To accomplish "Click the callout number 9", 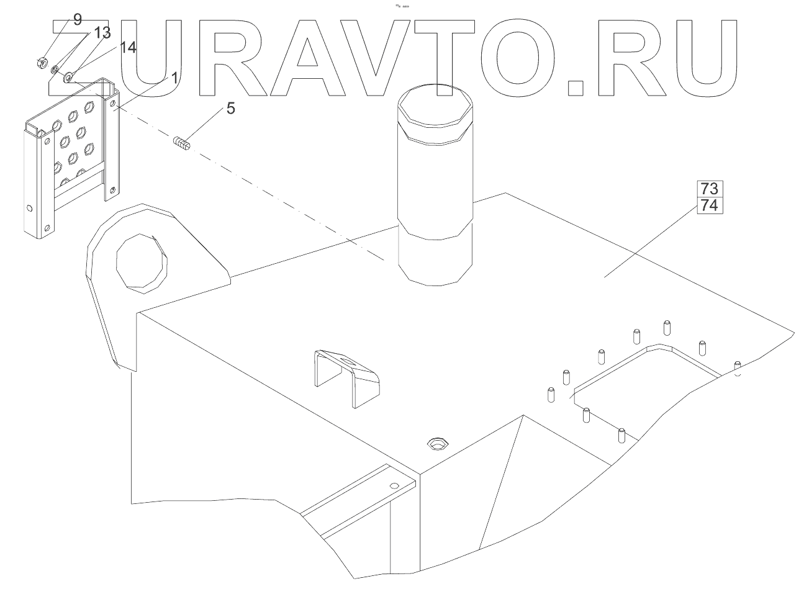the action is [x=77, y=19].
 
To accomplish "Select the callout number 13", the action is [x=103, y=32].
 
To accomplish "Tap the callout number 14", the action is [x=128, y=48].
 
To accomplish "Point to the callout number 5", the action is [x=230, y=109].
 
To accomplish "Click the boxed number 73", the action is [x=709, y=189].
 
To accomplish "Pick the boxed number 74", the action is [x=709, y=205].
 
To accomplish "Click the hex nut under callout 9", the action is [x=42, y=62].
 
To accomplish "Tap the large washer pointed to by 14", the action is [x=68, y=77].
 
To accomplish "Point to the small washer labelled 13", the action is [x=55, y=70].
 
